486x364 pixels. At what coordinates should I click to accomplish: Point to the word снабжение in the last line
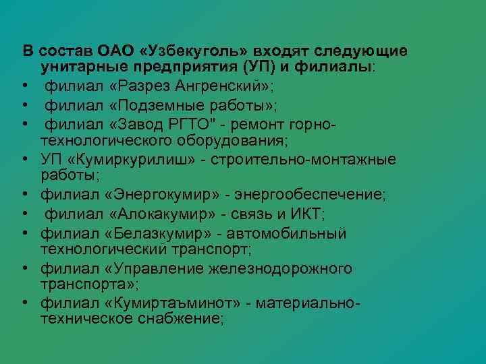pyautogui.click(x=183, y=317)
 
